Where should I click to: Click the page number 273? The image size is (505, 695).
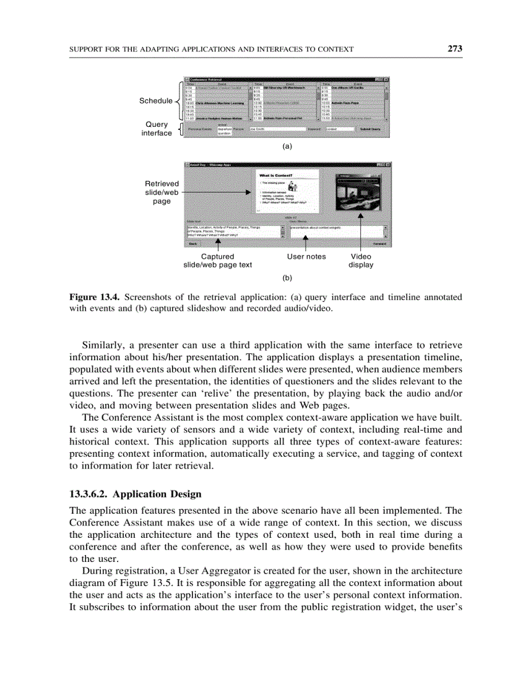coord(455,49)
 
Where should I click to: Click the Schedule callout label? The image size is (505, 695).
coord(155,101)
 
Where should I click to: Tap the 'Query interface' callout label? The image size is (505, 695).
coord(157,129)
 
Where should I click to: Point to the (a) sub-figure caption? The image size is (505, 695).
coord(287,147)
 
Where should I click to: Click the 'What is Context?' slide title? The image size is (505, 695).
coord(277,176)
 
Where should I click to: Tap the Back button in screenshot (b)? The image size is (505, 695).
coord(192,244)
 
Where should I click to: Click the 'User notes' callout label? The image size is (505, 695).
coord(306,256)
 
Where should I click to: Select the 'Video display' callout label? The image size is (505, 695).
coord(361,261)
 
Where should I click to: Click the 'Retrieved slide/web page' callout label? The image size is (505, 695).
coord(162,192)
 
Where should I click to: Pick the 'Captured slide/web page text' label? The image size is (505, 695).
coord(217,261)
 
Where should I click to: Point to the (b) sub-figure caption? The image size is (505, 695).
coord(287,278)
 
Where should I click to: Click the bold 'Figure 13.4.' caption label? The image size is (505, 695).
coord(90,297)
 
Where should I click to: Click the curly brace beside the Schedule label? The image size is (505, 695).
coord(178,101)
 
